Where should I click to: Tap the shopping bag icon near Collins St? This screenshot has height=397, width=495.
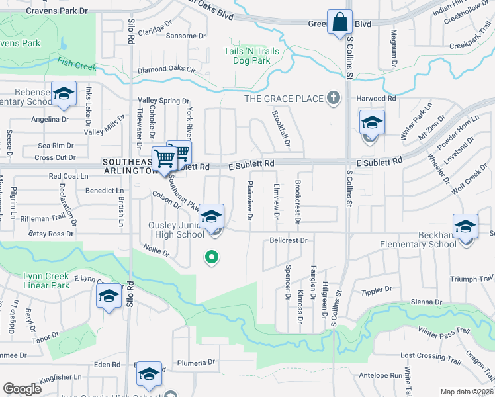coord(339,21)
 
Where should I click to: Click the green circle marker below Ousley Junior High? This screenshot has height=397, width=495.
coord(211,257)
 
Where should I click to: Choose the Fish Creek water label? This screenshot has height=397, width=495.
coord(77,65)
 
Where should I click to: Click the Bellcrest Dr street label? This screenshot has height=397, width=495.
coord(289,240)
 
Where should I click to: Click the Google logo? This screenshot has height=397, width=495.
coord(22,389)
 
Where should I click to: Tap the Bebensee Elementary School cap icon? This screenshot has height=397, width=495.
coord(64,94)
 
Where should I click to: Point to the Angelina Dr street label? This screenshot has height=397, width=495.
coord(50,120)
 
